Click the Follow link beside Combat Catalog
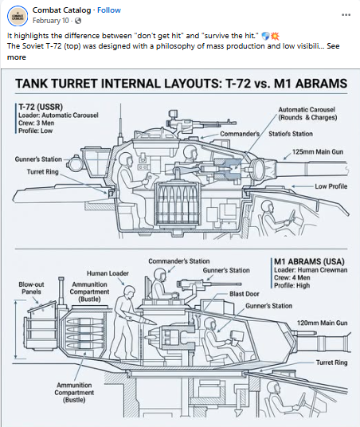(109, 10)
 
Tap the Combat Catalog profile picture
(18, 16)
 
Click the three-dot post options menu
(346, 14)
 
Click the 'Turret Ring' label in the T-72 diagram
(42, 172)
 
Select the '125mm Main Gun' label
(318, 151)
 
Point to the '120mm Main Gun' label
(322, 323)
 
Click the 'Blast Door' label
(245, 294)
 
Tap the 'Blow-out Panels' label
(31, 288)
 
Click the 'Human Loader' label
(108, 273)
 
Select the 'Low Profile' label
(331, 186)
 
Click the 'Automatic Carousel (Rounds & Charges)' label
(307, 114)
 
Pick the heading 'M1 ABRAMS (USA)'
(309, 261)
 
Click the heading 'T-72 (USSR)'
(41, 107)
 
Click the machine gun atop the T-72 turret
(202, 120)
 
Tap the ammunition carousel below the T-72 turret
(178, 204)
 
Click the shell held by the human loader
(141, 319)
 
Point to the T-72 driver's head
(267, 206)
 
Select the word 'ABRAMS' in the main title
(321, 84)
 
